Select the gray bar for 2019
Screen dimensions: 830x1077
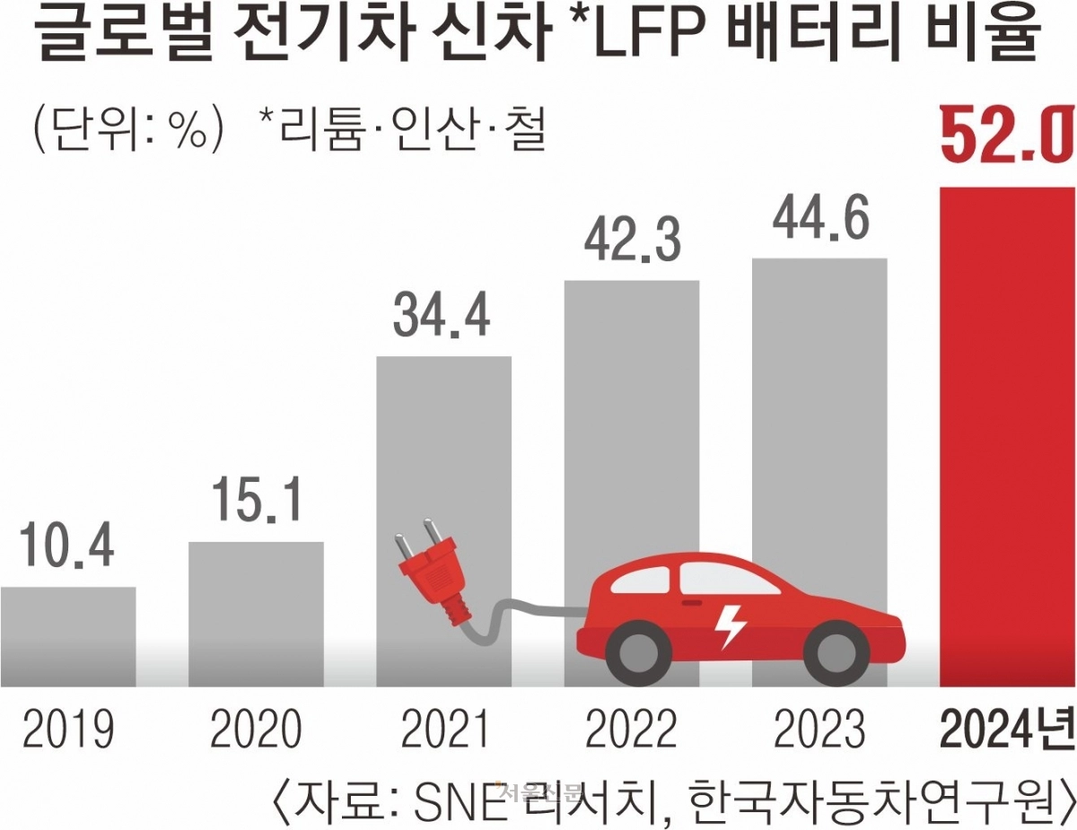click(68, 636)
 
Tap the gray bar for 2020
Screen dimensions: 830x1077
click(256, 614)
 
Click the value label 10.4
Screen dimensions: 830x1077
click(68, 549)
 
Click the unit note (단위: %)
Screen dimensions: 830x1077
click(126, 131)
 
